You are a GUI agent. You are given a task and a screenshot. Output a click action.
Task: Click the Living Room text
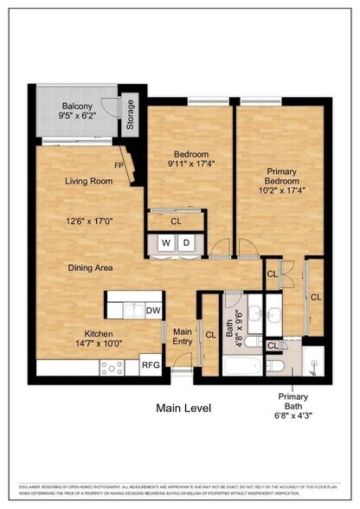click(x=89, y=181)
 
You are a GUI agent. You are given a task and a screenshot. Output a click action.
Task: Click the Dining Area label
click(x=91, y=267)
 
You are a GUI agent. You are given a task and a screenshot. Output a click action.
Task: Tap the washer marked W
click(x=164, y=243)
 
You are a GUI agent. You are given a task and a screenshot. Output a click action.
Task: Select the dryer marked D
click(x=186, y=243)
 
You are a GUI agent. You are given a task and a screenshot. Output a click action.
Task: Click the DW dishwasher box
click(x=153, y=310)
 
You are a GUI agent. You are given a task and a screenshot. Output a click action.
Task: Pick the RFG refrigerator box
click(x=150, y=366)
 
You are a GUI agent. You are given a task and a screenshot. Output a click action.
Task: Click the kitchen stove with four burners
click(x=113, y=367)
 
